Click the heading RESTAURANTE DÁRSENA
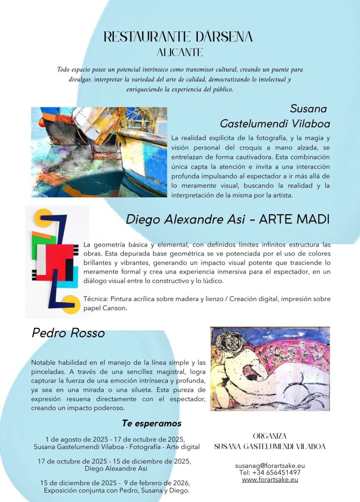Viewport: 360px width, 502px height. tap(178, 37)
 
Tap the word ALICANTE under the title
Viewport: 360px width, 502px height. tap(180, 52)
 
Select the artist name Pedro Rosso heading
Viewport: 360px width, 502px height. tap(68, 333)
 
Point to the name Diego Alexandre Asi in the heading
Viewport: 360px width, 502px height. tap(185, 219)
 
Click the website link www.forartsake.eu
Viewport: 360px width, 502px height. tap(270, 480)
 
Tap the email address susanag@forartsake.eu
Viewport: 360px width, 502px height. tap(270, 465)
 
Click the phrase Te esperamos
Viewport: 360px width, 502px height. tap(151, 423)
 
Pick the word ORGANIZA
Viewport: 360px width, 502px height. tap(270, 436)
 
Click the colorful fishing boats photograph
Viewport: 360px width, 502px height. tap(99, 152)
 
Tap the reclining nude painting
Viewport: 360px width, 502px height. tap(270, 369)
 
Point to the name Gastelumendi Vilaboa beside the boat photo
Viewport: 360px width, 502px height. tap(275, 123)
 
